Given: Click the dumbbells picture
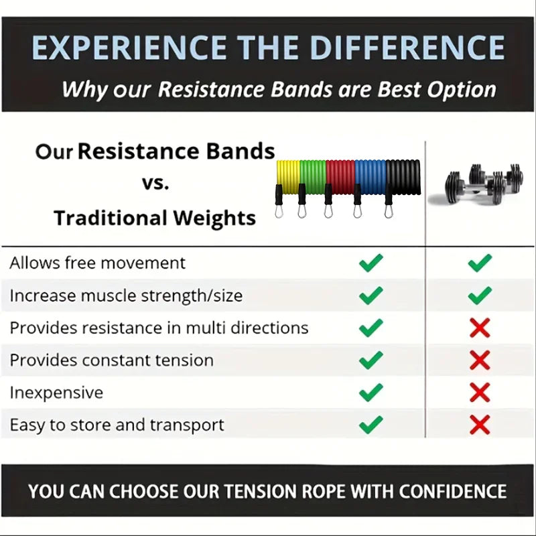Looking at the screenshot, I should [477, 182].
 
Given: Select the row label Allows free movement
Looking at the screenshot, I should [97, 263].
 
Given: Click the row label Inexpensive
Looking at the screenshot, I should [56, 393].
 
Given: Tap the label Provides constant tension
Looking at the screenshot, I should [111, 360].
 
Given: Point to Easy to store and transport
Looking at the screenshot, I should [117, 425].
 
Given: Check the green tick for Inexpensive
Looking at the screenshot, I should [371, 392].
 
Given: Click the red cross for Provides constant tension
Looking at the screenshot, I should [480, 360].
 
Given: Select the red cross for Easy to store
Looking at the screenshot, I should [480, 424].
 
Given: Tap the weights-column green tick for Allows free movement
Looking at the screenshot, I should [480, 263].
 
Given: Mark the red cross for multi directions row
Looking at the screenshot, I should [480, 328].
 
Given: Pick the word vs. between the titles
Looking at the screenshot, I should [155, 183].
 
